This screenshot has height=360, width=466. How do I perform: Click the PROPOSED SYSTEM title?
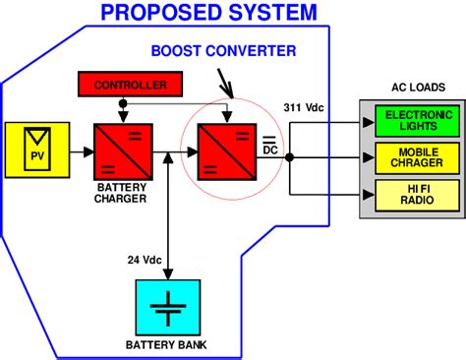(209, 13)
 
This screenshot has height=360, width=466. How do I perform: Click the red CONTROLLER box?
(130, 86)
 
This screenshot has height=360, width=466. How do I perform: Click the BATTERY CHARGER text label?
(122, 193)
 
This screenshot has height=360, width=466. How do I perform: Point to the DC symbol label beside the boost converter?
(269, 148)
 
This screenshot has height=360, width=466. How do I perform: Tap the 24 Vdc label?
(146, 260)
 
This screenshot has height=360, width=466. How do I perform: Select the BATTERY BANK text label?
(166, 345)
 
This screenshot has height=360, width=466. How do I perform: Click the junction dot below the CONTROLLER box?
(122, 102)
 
